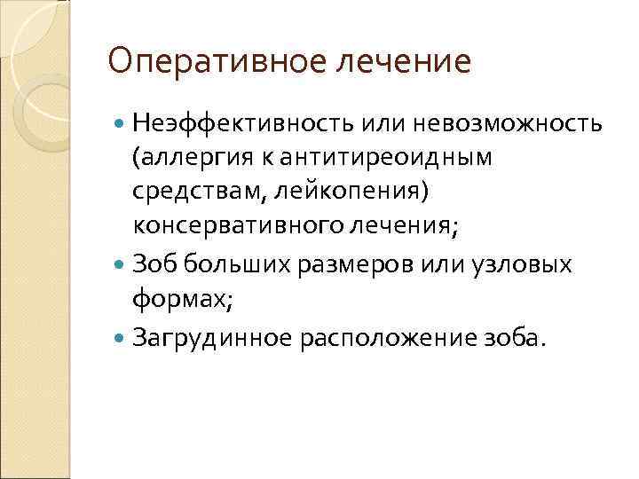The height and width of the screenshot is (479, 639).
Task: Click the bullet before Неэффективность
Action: [x=120, y=122]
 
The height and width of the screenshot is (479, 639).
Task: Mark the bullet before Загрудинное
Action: [x=120, y=336]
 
